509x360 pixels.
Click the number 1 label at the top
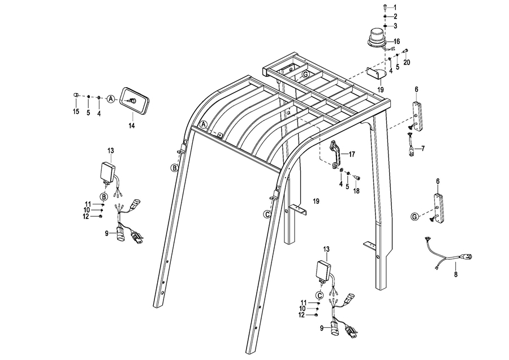click(395, 6)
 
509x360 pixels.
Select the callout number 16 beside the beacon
click(396, 41)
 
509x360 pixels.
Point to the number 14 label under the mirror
click(131, 126)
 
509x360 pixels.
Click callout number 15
click(76, 112)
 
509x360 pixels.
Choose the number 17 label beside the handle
click(351, 153)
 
